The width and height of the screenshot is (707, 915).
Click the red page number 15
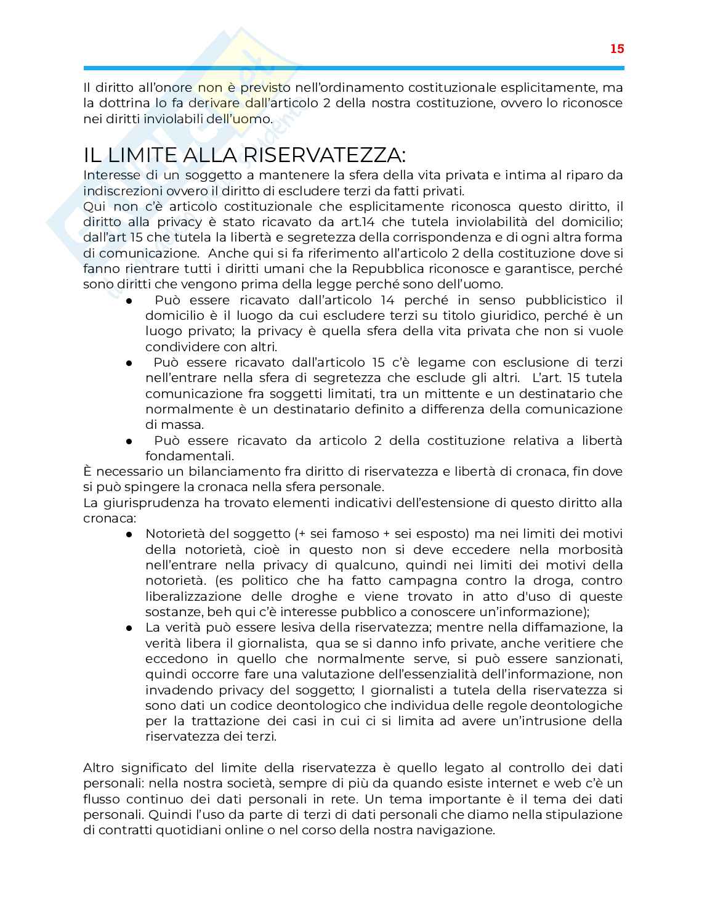click(x=617, y=49)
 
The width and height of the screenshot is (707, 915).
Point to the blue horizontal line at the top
click(x=353, y=67)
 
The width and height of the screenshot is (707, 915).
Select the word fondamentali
click(x=190, y=456)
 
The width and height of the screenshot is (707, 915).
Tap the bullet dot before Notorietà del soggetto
click(x=129, y=534)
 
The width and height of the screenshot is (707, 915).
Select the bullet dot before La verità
click(x=129, y=628)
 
